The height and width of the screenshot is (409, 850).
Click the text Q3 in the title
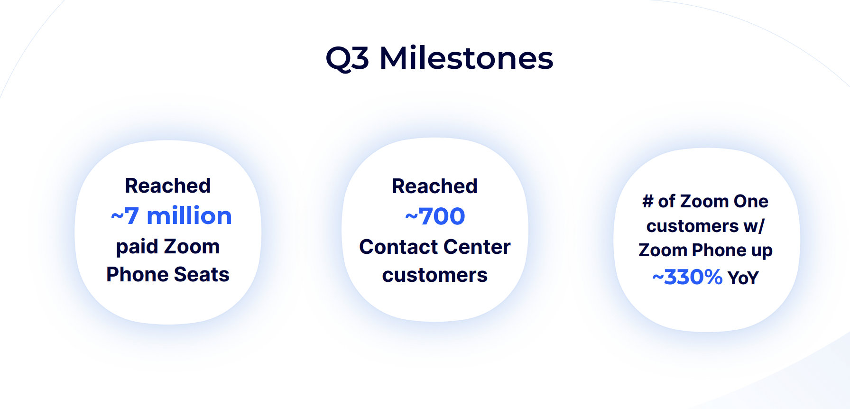347,59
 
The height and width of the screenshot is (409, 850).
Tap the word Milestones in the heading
466,58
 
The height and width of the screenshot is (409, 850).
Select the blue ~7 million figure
171,216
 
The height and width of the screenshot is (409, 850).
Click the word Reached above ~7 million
168,186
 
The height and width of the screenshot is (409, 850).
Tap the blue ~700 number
435,216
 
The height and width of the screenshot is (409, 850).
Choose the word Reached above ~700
434,186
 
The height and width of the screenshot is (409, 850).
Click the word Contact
398,247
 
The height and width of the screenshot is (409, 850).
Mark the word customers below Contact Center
434,275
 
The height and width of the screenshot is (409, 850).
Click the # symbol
647,201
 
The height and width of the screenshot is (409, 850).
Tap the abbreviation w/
754,226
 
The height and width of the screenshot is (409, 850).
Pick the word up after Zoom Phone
762,251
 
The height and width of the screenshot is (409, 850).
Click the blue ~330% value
687,277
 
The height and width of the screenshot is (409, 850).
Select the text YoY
743,278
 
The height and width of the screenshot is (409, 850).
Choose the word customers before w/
693,226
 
